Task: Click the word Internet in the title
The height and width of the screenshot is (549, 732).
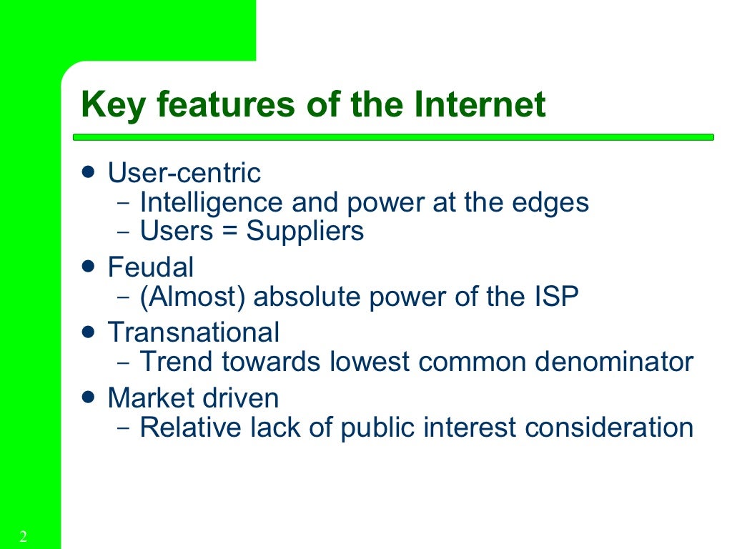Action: click(480, 105)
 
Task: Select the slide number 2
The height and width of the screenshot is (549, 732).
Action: click(24, 537)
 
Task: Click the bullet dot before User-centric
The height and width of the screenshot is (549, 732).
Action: click(88, 172)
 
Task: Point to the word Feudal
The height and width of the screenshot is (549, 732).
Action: click(151, 267)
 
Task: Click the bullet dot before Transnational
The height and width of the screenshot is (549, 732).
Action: click(88, 332)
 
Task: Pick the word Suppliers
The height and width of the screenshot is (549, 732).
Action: click(305, 232)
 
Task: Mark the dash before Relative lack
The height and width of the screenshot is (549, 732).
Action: click(123, 428)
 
